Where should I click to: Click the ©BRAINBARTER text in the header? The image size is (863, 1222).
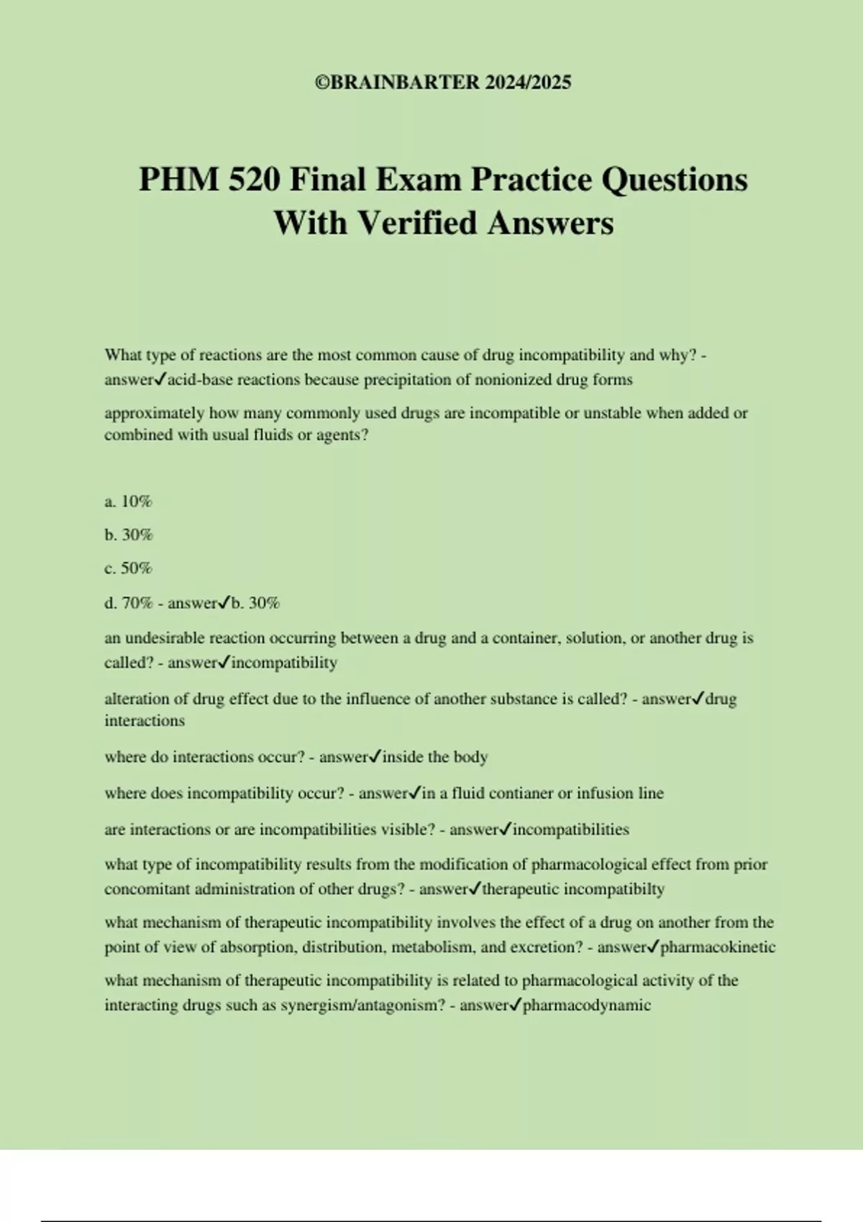point(397,83)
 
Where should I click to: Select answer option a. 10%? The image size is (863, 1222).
point(128,502)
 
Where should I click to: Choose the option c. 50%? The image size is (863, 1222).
point(128,569)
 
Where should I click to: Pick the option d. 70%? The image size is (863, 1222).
point(128,603)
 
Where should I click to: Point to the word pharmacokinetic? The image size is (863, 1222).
point(718,947)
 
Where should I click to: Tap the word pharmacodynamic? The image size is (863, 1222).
point(587,1005)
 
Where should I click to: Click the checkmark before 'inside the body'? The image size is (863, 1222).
point(375,756)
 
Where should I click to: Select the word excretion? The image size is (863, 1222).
point(542,947)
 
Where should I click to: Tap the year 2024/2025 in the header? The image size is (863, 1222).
point(528,83)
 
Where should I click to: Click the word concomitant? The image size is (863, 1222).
point(147,889)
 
